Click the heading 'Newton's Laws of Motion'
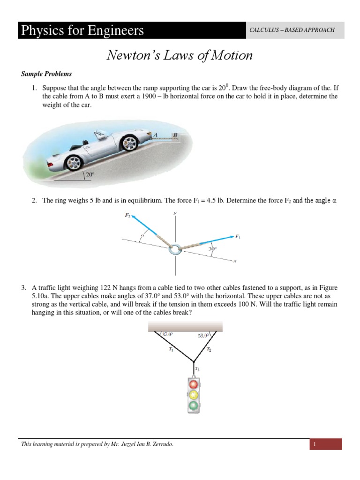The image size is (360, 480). click(x=180, y=55)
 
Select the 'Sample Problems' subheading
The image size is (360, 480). click(x=46, y=74)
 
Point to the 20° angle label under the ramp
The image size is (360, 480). click(x=90, y=176)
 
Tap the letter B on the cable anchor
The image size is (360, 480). click(x=175, y=135)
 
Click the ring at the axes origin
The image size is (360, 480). click(x=175, y=249)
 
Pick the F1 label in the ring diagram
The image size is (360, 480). click(x=238, y=237)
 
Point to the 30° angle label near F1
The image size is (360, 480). click(x=213, y=249)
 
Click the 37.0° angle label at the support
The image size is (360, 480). click(x=167, y=335)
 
